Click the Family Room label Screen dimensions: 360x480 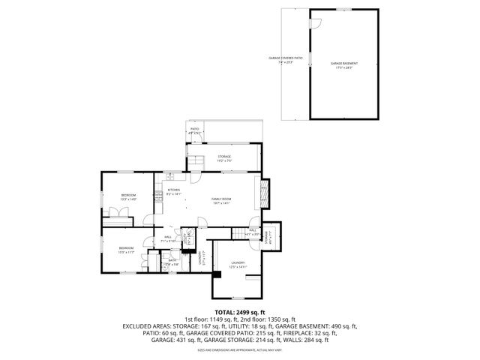[x=221, y=200]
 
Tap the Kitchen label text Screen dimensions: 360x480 [x=173, y=191]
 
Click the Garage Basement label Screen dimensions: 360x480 [x=344, y=65]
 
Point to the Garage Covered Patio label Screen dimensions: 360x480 [x=285, y=59]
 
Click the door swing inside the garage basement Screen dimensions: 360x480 [x=316, y=24]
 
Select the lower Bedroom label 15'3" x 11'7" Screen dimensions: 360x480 [x=125, y=250]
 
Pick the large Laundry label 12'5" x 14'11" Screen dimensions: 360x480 [x=238, y=264]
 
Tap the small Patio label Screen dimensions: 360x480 [x=194, y=130]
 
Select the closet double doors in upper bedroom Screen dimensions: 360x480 [x=118, y=214]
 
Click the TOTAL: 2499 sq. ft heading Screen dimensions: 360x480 [x=239, y=311]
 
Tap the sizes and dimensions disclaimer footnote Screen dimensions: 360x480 [x=239, y=350]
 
